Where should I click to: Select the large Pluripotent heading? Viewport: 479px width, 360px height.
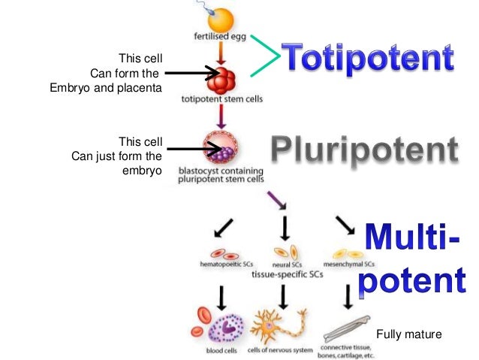click(x=363, y=152)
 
